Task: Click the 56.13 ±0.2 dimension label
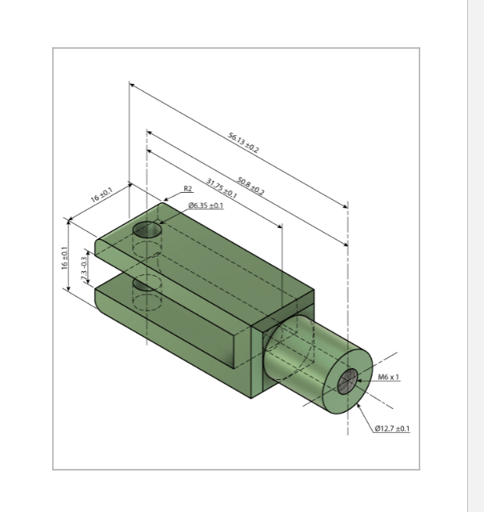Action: click(243, 143)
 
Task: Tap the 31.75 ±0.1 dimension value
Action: click(222, 189)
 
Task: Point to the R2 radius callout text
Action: click(188, 190)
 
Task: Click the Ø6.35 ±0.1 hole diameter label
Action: click(206, 206)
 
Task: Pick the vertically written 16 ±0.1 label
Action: click(66, 260)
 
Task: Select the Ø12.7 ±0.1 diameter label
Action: click(392, 429)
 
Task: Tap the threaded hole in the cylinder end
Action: click(348, 382)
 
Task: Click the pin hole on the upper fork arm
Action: click(146, 230)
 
